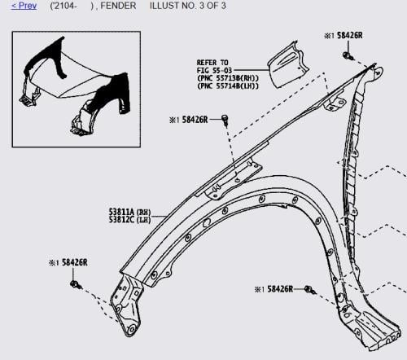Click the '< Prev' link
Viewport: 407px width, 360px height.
(x=24, y=6)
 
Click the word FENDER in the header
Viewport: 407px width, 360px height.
(x=118, y=6)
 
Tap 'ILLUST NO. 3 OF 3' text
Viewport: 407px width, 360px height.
(x=188, y=6)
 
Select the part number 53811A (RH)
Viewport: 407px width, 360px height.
(x=129, y=212)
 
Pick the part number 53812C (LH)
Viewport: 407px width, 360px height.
(x=129, y=219)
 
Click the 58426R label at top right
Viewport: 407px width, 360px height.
(x=349, y=36)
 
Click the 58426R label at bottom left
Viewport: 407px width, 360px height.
(x=75, y=262)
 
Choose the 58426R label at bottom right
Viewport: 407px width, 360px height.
(x=280, y=289)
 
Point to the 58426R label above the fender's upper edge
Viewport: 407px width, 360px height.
(x=195, y=120)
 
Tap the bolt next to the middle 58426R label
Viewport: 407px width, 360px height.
(x=225, y=120)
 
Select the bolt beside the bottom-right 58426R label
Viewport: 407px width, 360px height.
(x=310, y=290)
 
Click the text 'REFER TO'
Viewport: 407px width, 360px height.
(x=212, y=63)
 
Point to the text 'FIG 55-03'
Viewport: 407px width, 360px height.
(x=214, y=70)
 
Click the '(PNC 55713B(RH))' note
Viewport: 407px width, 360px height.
(x=228, y=78)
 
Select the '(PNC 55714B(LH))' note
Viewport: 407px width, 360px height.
(x=228, y=86)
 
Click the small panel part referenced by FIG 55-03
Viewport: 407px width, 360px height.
(x=287, y=65)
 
